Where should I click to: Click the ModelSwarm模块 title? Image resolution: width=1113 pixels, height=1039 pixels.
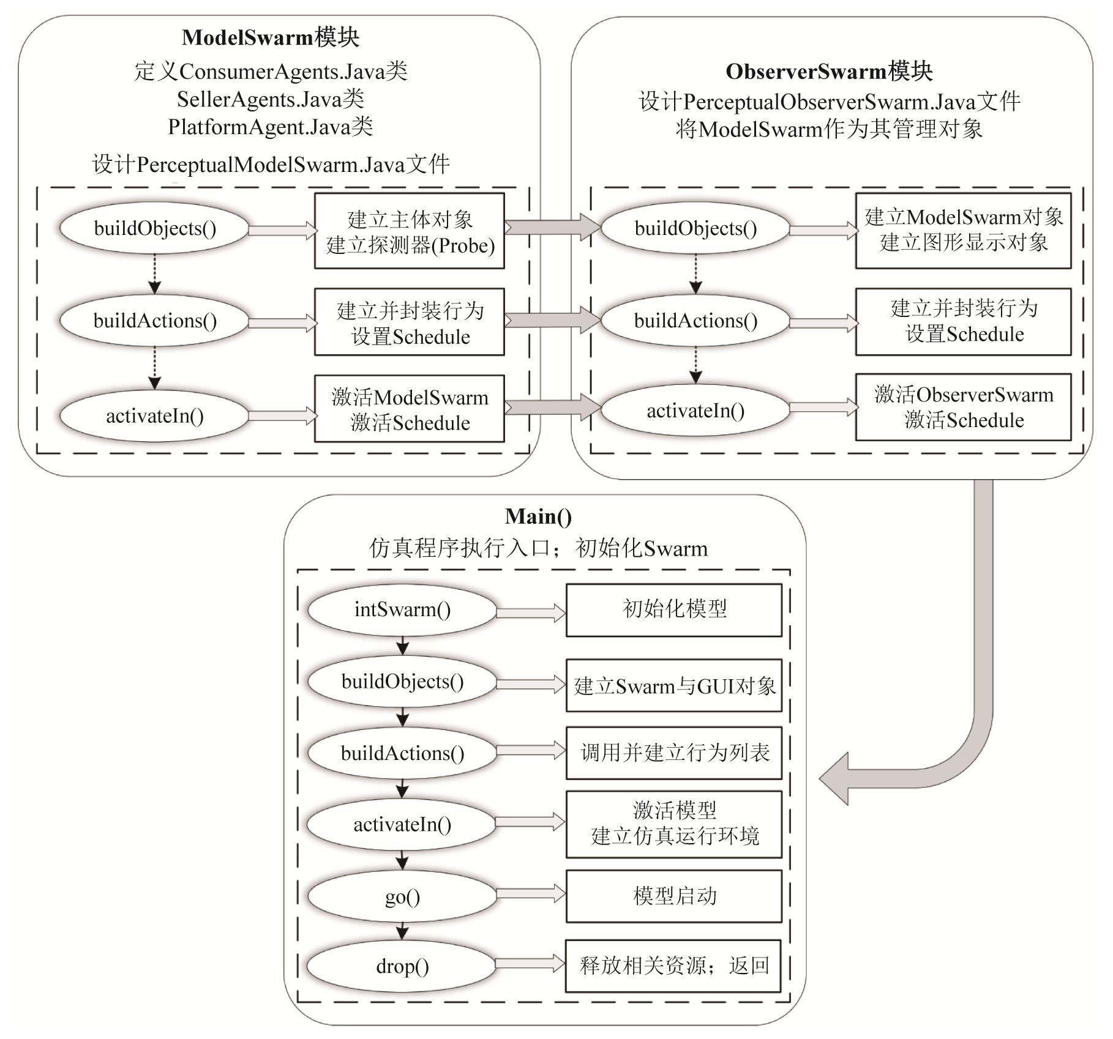(270, 38)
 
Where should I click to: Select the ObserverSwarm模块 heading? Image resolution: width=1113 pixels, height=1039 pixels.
(829, 72)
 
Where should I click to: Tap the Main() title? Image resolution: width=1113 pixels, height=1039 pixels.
(538, 516)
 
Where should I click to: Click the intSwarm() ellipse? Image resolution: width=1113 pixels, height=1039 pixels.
(402, 609)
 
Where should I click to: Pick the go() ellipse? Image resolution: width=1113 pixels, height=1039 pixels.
(402, 897)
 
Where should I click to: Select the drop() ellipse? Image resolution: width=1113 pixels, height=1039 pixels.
(402, 966)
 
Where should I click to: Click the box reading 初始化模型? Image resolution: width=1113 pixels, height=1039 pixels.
(674, 609)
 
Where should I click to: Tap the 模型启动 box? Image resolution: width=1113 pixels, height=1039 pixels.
(674, 896)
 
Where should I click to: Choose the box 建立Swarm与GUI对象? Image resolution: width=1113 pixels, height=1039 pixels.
(674, 686)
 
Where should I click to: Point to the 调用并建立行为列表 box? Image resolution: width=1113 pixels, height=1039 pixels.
(674, 753)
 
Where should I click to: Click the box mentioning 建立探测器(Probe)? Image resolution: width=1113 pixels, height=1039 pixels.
(410, 231)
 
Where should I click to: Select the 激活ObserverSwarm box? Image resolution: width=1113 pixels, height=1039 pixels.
(964, 407)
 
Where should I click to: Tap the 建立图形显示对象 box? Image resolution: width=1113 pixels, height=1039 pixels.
(964, 230)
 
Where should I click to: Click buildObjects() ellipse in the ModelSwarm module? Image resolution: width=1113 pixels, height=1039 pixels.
(155, 228)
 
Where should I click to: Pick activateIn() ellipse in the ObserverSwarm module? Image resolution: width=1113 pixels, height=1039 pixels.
(695, 411)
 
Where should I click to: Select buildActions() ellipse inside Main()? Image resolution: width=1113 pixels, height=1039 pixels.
(402, 753)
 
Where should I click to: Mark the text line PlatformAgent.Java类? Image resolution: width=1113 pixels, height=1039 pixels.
(270, 127)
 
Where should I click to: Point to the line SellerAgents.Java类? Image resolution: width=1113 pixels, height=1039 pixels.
(270, 99)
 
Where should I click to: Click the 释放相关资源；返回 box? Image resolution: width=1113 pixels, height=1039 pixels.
(673, 966)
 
